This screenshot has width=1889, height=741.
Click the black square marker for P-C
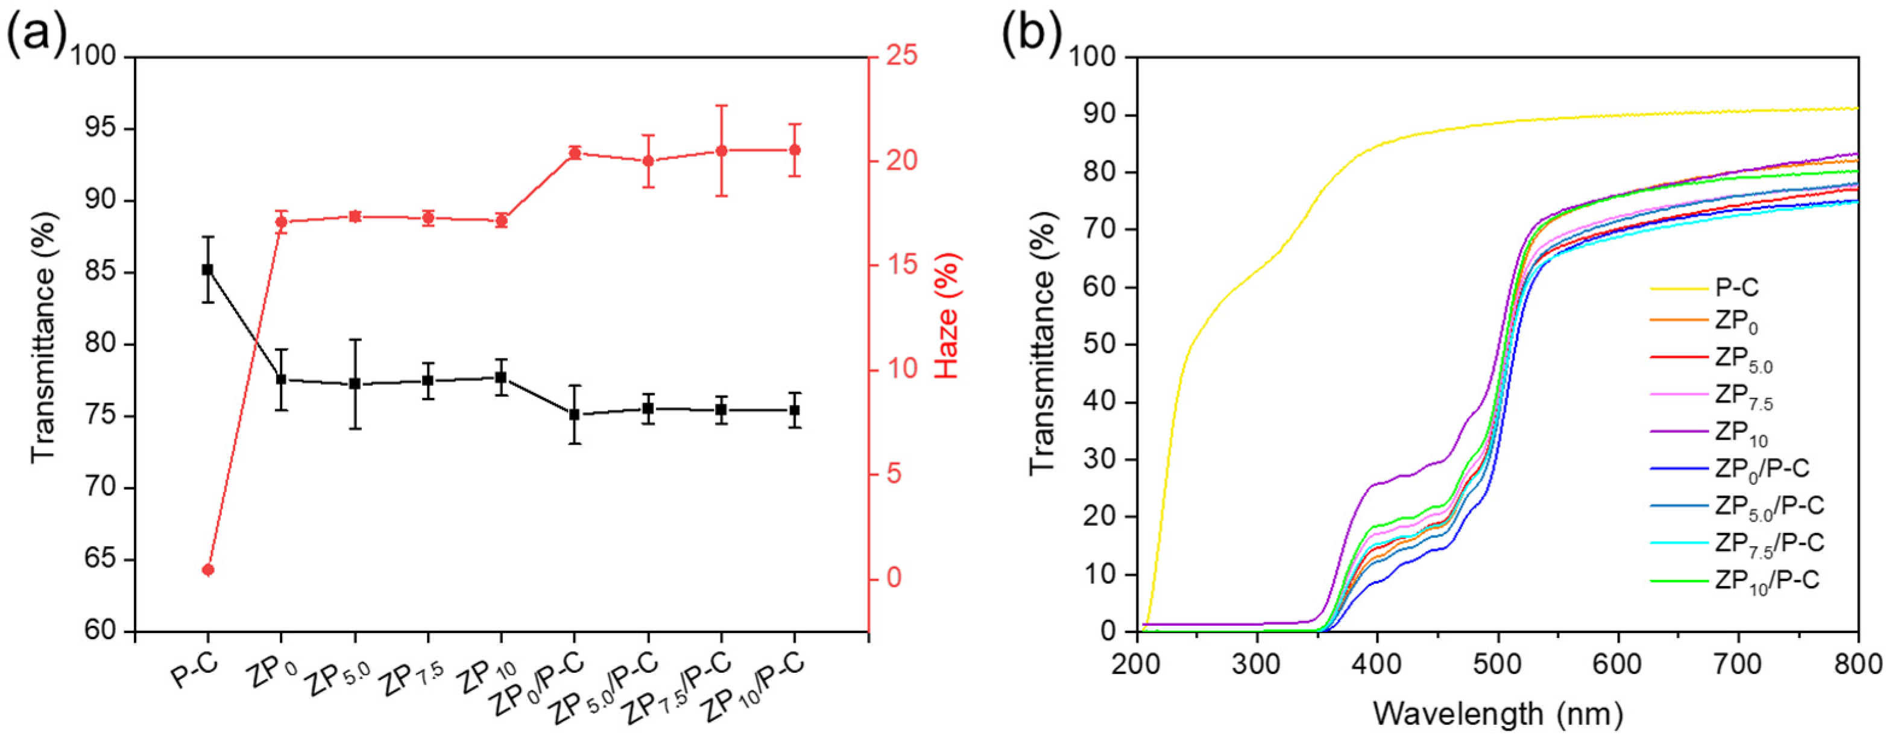click(207, 269)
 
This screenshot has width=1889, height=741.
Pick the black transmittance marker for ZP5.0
click(355, 383)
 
